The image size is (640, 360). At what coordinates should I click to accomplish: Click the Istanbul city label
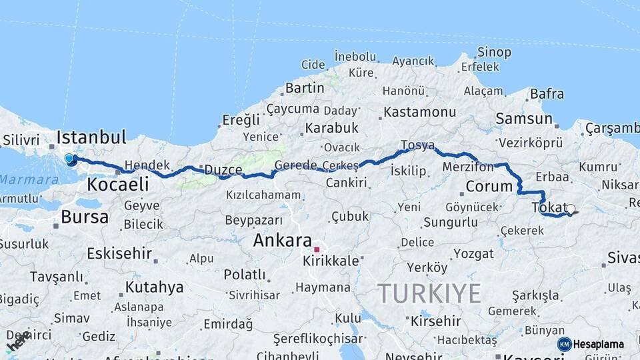(x=91, y=137)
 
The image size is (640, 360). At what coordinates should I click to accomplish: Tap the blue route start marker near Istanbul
(x=70, y=159)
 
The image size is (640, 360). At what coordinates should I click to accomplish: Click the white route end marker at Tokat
(x=571, y=209)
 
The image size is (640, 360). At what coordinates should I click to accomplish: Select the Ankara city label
(x=283, y=241)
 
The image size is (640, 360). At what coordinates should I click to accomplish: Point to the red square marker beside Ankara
(x=317, y=249)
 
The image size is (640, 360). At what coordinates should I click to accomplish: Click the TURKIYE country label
(x=429, y=293)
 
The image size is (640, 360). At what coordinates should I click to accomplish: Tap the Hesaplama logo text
(x=598, y=344)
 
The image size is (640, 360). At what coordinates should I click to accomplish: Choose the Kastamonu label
(x=420, y=112)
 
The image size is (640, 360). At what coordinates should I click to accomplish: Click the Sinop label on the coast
(x=494, y=52)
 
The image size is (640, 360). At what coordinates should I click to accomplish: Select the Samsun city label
(x=524, y=119)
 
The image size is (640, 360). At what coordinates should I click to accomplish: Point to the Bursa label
(x=85, y=217)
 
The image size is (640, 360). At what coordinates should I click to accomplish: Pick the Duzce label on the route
(x=223, y=170)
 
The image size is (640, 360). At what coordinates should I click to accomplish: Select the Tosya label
(x=418, y=145)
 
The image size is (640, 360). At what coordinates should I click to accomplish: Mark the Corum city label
(x=489, y=186)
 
